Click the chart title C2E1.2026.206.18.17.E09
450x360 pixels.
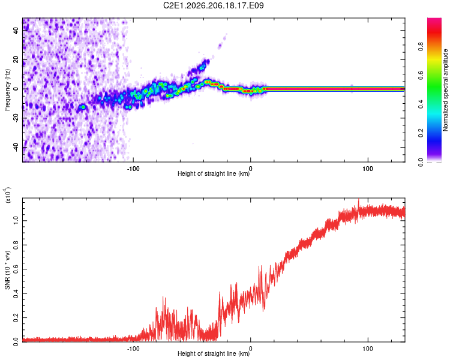click(x=213, y=5)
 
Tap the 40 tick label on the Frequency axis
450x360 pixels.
click(x=16, y=31)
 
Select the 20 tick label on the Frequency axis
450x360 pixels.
click(x=16, y=60)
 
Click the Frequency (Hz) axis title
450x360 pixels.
click(x=7, y=90)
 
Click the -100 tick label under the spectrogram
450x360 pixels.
click(x=133, y=169)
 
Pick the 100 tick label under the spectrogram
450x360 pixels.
click(x=368, y=169)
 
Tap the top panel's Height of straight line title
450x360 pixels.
click(x=214, y=173)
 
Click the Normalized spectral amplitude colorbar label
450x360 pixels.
click(x=445, y=90)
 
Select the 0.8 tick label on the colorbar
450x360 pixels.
click(x=421, y=47)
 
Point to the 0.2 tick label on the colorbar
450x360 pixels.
click(x=421, y=133)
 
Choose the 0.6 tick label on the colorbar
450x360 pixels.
click(x=421, y=76)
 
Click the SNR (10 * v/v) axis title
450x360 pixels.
click(x=7, y=270)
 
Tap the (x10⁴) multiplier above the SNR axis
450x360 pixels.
click(x=8, y=195)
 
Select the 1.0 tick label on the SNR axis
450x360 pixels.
click(x=16, y=220)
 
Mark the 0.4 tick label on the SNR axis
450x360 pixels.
click(x=16, y=293)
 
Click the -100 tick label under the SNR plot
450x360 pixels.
click(x=133, y=349)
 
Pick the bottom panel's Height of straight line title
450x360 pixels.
click(x=214, y=353)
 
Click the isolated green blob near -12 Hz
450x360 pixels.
click(x=83, y=107)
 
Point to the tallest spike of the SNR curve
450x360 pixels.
click(x=358, y=199)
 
